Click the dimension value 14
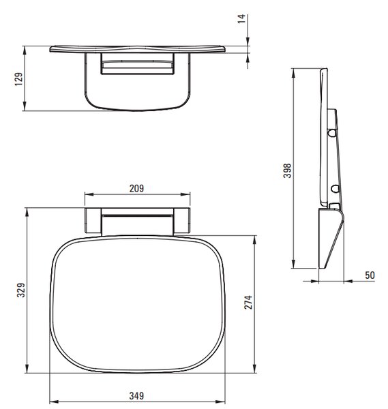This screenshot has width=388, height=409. click(x=241, y=19)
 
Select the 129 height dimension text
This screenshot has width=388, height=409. click(x=19, y=79)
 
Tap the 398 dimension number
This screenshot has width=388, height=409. click(x=287, y=170)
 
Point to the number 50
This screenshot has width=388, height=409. click(x=370, y=275)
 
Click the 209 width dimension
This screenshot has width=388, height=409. click(x=136, y=188)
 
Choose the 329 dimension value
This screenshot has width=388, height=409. click(x=21, y=290)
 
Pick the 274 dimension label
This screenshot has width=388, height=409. click(x=248, y=302)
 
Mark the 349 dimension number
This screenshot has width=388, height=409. click(x=136, y=396)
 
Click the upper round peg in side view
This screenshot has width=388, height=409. click(x=332, y=133)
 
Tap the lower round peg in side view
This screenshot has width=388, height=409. click(x=335, y=188)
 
